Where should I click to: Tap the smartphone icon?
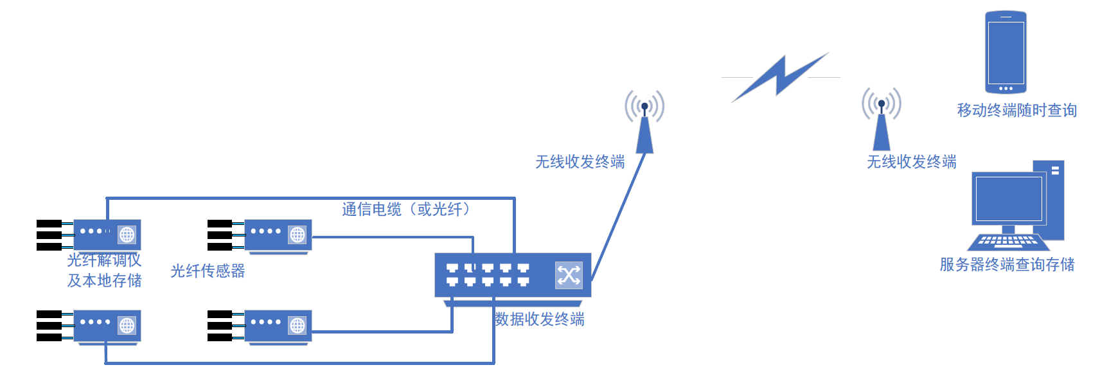click(1006, 51)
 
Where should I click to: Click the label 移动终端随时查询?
click(1016, 111)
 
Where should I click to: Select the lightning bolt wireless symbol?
click(780, 76)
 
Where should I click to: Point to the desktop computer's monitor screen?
click(1009, 199)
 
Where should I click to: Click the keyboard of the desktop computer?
click(1008, 242)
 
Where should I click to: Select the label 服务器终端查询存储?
click(1007, 265)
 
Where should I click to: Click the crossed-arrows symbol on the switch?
click(569, 276)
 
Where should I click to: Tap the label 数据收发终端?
click(540, 319)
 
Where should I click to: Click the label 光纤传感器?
click(208, 271)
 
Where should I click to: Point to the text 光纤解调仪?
click(104, 260)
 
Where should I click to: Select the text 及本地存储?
click(105, 281)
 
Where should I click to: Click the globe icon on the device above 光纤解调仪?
click(127, 235)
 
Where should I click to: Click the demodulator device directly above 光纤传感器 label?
click(278, 235)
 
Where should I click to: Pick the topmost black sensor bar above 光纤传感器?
click(220, 224)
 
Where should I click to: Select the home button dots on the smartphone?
click(1006, 89)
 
